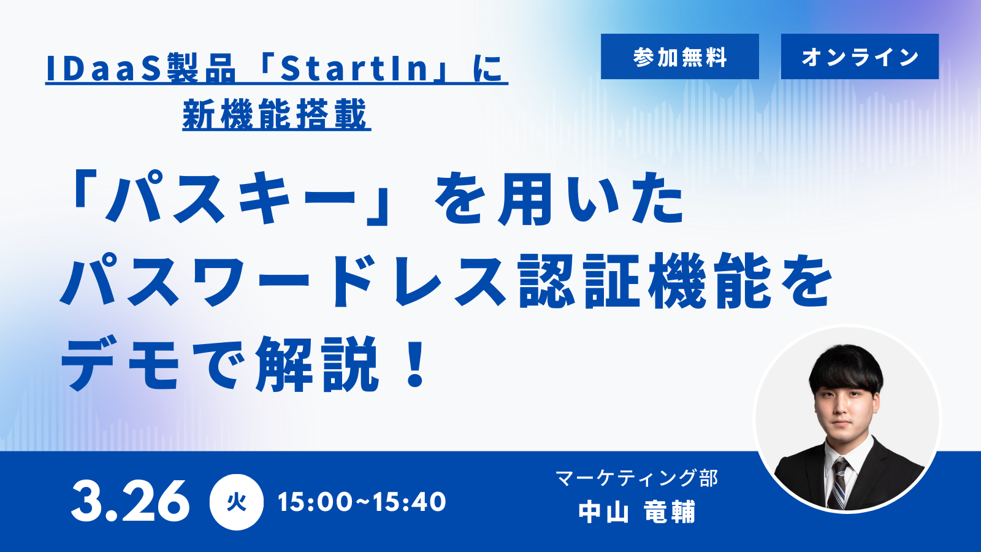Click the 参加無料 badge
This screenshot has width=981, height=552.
tap(680, 56)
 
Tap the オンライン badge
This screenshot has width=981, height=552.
tap(860, 56)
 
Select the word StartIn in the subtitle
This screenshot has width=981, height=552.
tap(354, 69)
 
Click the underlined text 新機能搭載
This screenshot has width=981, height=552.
tap(275, 115)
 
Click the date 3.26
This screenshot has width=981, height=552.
tap(130, 501)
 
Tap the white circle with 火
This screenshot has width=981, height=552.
tap(237, 502)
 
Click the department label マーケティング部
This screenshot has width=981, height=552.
tap(637, 478)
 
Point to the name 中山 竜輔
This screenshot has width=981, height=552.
tap(637, 512)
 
